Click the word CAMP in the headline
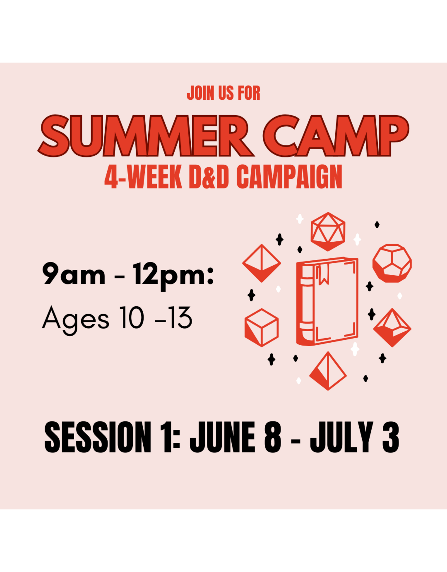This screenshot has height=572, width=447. coord(335,135)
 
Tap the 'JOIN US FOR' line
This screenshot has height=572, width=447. coord(223,93)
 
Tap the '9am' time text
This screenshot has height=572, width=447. coord(73,274)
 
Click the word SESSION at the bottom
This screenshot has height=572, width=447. coord(98,437)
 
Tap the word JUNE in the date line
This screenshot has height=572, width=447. coord(222,437)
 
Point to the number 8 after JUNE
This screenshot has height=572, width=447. coord(272,437)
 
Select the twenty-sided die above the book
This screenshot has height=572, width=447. coord(328,231)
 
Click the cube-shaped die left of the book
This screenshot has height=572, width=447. coord(261,327)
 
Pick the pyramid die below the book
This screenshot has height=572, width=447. coord(328,371)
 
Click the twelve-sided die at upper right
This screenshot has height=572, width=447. coord(392,263)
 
